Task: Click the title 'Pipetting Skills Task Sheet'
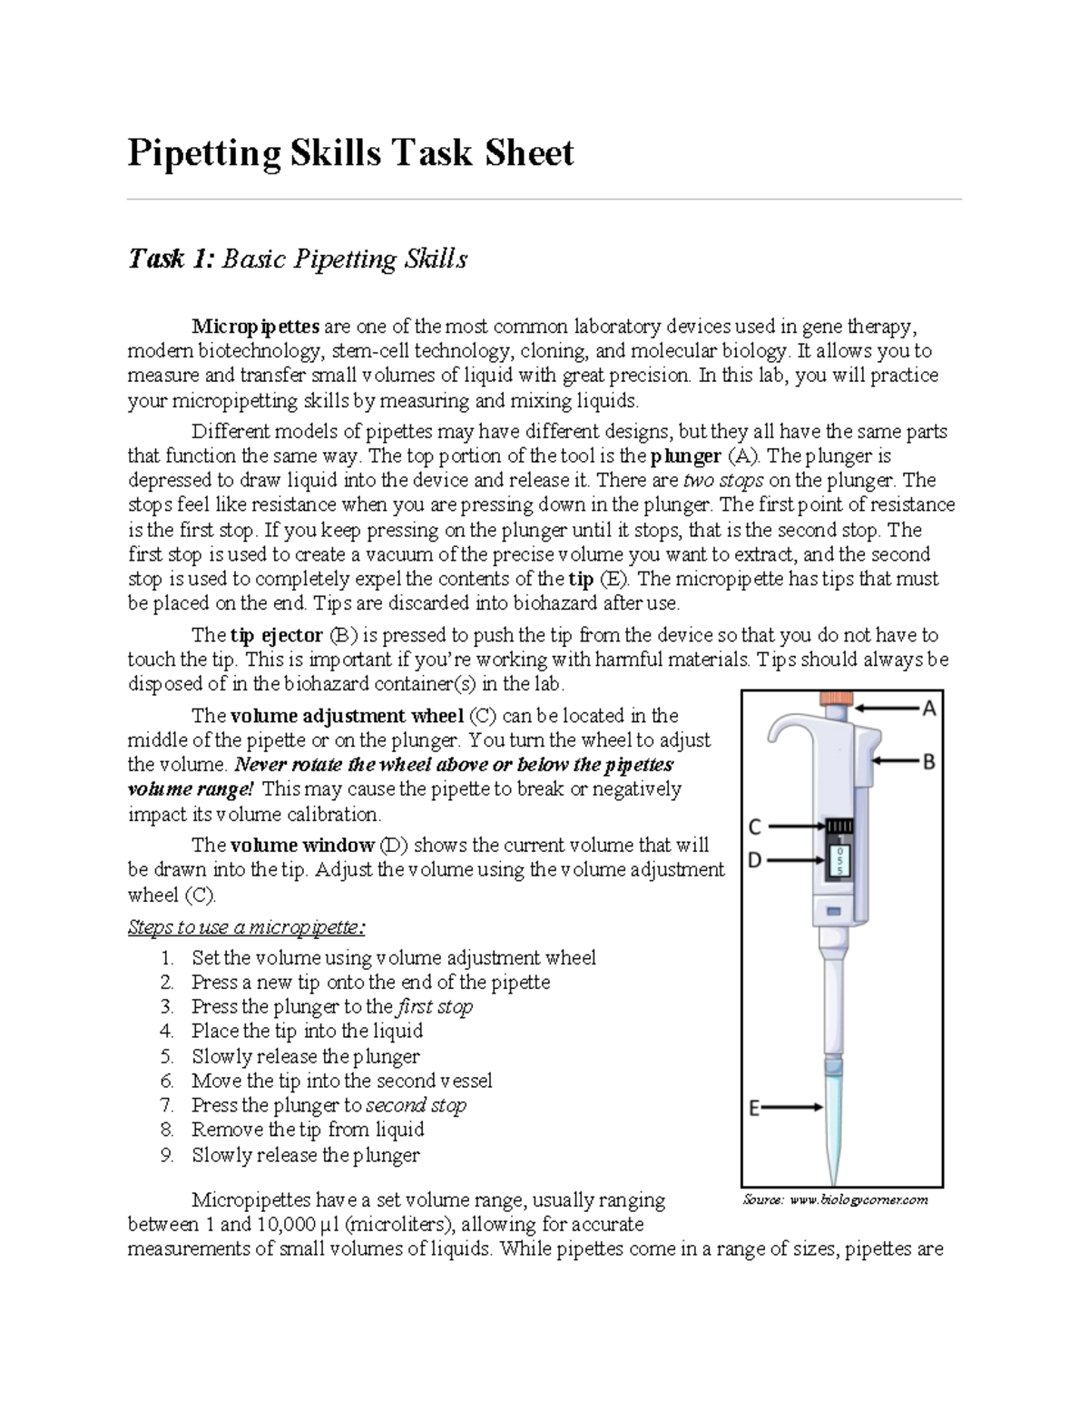point(350,153)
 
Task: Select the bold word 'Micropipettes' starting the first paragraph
point(255,326)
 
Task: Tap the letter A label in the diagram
point(929,709)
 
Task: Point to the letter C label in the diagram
point(754,827)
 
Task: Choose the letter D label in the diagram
point(754,858)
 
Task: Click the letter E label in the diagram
point(753,1107)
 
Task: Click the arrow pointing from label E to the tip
point(793,1107)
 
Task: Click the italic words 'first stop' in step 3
point(435,1006)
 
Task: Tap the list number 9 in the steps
point(166,1155)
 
